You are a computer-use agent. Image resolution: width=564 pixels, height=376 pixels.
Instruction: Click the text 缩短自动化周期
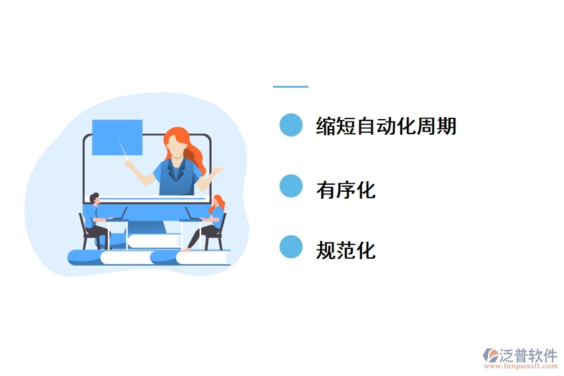click(386, 126)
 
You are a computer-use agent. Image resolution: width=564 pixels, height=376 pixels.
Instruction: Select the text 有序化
click(346, 188)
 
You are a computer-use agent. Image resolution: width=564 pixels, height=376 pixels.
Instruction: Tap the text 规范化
click(346, 250)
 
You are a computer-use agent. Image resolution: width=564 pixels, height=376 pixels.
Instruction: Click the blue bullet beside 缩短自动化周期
click(291, 125)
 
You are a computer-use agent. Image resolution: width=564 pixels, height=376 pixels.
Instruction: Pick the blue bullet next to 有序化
click(291, 186)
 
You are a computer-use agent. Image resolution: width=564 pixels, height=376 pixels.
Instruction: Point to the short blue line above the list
click(291, 86)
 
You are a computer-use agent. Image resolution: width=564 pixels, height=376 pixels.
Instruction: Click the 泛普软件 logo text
click(528, 355)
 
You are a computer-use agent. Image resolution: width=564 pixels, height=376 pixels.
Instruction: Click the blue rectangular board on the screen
click(117, 137)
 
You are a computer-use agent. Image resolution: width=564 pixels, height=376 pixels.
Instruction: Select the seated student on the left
click(95, 219)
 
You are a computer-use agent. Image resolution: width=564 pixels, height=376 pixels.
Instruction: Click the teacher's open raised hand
click(217, 170)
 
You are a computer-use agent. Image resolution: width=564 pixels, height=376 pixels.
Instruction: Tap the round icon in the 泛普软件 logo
click(489, 355)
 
